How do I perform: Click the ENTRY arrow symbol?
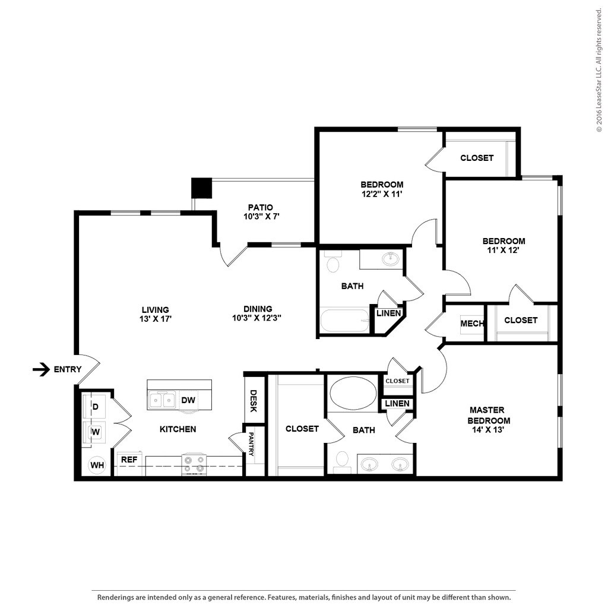tap(41, 369)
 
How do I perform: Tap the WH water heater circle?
tap(97, 465)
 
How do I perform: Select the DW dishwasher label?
tap(188, 400)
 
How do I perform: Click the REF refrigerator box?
tap(129, 460)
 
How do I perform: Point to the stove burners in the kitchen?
tap(194, 464)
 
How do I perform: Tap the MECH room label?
tap(471, 324)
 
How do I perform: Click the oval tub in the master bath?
tap(353, 393)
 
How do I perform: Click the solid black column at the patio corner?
tap(201, 188)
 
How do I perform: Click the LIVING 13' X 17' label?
tap(156, 313)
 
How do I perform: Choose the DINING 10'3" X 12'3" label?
tap(258, 313)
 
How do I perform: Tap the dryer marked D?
tap(96, 407)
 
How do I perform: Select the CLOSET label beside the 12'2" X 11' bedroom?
tap(477, 158)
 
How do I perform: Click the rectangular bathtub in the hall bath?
tap(345, 320)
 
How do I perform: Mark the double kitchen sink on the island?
tap(161, 400)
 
